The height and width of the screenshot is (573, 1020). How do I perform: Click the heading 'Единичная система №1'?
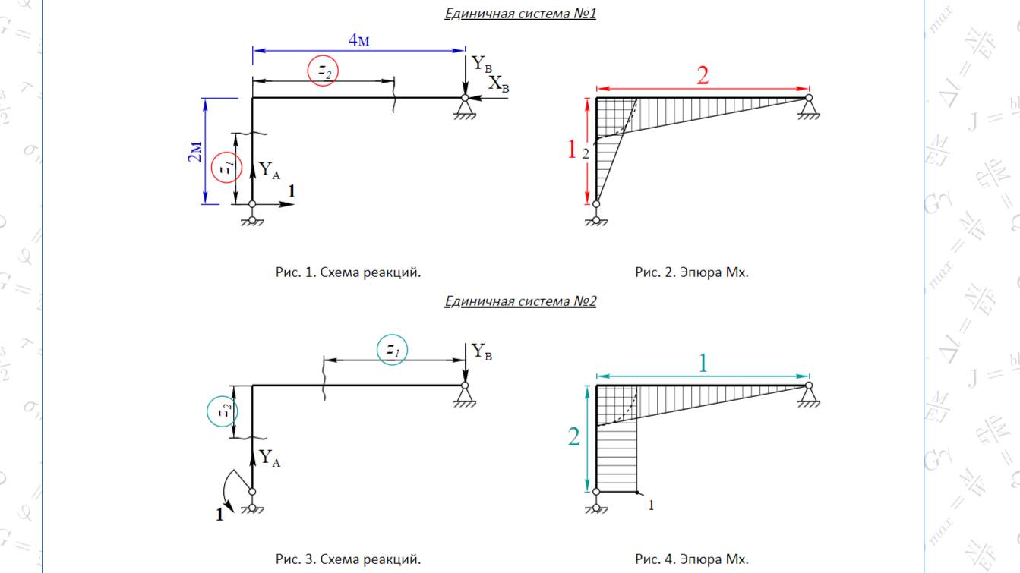[x=520, y=13]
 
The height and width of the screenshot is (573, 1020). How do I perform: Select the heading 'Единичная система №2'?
[x=520, y=301]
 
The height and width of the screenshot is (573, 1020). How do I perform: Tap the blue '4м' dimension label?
[x=359, y=40]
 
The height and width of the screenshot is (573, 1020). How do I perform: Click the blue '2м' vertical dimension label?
[x=195, y=152]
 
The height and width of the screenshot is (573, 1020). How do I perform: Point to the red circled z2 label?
[x=323, y=71]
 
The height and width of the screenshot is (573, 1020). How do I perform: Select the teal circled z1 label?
[x=392, y=350]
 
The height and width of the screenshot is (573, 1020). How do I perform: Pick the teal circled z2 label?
[x=223, y=412]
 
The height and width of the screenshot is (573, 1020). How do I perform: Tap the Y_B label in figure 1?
[x=482, y=64]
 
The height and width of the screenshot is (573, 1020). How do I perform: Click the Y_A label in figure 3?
[x=270, y=458]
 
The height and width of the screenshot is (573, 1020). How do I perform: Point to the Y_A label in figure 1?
[x=270, y=170]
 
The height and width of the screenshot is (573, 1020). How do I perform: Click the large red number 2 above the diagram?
[x=703, y=75]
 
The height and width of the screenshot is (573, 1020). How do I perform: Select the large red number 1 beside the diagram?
[x=572, y=150]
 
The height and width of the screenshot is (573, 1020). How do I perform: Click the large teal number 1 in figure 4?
[x=703, y=364]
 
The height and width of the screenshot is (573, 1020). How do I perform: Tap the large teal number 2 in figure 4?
[x=573, y=437]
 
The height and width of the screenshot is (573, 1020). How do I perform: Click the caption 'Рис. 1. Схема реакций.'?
[x=348, y=272]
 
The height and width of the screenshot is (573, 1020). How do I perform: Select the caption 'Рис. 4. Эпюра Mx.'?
[x=692, y=559]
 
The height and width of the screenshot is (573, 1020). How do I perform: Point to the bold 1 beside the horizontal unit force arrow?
[x=291, y=192]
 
